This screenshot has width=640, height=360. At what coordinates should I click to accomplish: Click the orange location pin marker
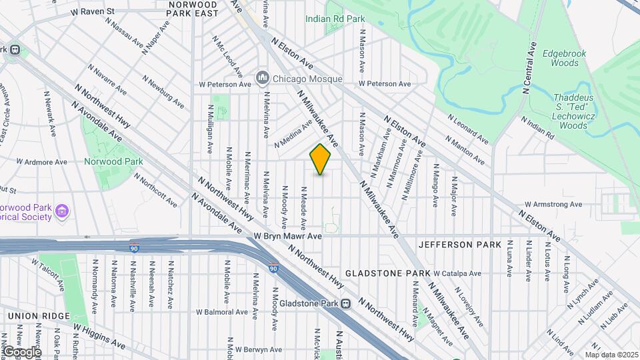coord(321,159)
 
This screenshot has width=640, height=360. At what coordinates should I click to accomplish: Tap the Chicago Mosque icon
coord(262,78)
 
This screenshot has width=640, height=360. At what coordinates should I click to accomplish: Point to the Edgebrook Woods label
coord(560,57)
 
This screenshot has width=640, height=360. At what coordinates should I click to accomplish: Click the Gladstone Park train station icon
coord(346,304)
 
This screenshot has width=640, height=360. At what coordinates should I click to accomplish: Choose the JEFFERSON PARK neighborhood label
coord(459,245)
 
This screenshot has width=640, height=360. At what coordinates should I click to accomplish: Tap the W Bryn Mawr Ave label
coord(288,236)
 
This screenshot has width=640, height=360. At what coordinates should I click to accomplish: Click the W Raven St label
coord(93,11)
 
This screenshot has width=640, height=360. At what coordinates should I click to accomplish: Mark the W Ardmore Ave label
coord(42,162)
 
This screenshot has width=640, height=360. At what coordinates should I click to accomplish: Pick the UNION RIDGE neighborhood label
coord(39,315)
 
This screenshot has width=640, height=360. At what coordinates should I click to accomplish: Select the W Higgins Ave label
coord(99,336)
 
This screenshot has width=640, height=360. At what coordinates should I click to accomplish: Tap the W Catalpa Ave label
coord(457,273)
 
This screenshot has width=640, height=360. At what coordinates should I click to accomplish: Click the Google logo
coord(21,351)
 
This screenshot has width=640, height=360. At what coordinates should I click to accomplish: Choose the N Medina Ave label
coord(293,134)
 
